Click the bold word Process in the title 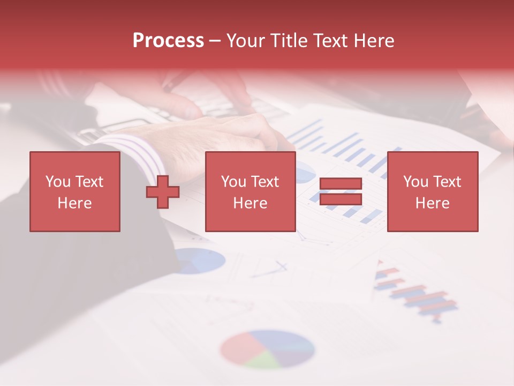click(x=168, y=41)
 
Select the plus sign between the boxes click(x=163, y=192)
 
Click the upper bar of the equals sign click(x=341, y=184)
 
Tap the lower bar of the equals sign click(x=341, y=199)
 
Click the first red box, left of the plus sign click(x=75, y=192)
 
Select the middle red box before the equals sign click(x=250, y=192)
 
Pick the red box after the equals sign click(x=433, y=192)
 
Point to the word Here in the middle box click(x=250, y=203)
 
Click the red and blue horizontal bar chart click(x=418, y=295)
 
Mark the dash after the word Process click(x=215, y=41)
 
